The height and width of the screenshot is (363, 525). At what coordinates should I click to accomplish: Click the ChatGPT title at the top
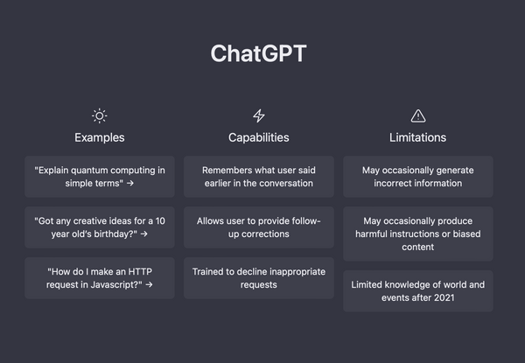259,53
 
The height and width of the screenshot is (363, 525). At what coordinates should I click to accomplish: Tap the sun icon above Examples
100,115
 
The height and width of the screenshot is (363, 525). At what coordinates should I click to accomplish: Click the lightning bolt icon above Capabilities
259,115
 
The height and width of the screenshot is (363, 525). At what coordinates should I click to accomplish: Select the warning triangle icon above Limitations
418,115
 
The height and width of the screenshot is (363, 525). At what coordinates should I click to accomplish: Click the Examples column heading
100,137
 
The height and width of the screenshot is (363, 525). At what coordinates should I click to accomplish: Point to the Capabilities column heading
259,137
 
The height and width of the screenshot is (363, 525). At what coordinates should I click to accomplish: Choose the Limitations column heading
418,137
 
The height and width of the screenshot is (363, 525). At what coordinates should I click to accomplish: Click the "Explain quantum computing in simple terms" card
100,177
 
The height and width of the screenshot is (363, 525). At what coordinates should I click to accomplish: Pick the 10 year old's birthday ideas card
100,227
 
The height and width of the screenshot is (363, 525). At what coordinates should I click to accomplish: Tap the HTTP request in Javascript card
100,278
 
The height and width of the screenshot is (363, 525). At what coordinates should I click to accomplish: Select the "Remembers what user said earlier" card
259,177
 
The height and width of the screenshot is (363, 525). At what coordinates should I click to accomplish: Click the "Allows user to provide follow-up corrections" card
259,227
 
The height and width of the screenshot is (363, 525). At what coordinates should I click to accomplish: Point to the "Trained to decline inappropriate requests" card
259,278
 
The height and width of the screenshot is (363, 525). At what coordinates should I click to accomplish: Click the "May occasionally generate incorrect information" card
418,177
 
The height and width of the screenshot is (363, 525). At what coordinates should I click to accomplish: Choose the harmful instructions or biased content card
418,234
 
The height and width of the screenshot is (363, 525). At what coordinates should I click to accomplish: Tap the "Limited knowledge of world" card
418,291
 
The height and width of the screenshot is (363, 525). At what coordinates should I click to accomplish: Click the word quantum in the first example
96,170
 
